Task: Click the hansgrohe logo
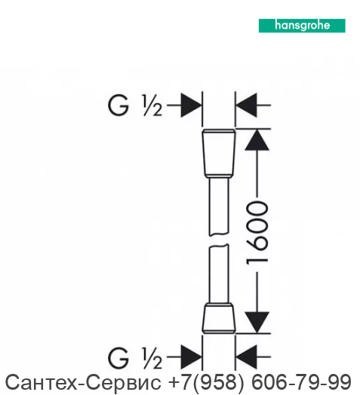pyautogui.click(x=302, y=26)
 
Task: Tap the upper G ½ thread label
pyautogui.click(x=134, y=106)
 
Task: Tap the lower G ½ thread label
pyautogui.click(x=134, y=358)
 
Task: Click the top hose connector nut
pyautogui.click(x=219, y=153)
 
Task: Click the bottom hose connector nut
pyautogui.click(x=219, y=318)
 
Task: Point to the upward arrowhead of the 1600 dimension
pyautogui.click(x=257, y=139)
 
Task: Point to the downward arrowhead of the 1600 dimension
pyautogui.click(x=257, y=323)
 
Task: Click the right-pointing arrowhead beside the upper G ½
pyautogui.click(x=191, y=106)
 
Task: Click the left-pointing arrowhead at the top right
pyautogui.click(x=246, y=106)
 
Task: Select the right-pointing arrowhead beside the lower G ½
pyautogui.click(x=191, y=357)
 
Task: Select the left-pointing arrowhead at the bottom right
pyautogui.click(x=246, y=357)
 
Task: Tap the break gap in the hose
pyautogui.click(x=219, y=240)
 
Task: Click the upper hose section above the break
pyautogui.click(x=219, y=207)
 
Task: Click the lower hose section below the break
pyautogui.click(x=219, y=274)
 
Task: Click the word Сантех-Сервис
pyautogui.click(x=83, y=382)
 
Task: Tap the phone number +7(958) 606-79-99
pyautogui.click(x=260, y=382)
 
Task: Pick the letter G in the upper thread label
pyautogui.click(x=118, y=106)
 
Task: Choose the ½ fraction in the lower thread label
pyautogui.click(x=152, y=358)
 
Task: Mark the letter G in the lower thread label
pyautogui.click(x=118, y=358)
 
